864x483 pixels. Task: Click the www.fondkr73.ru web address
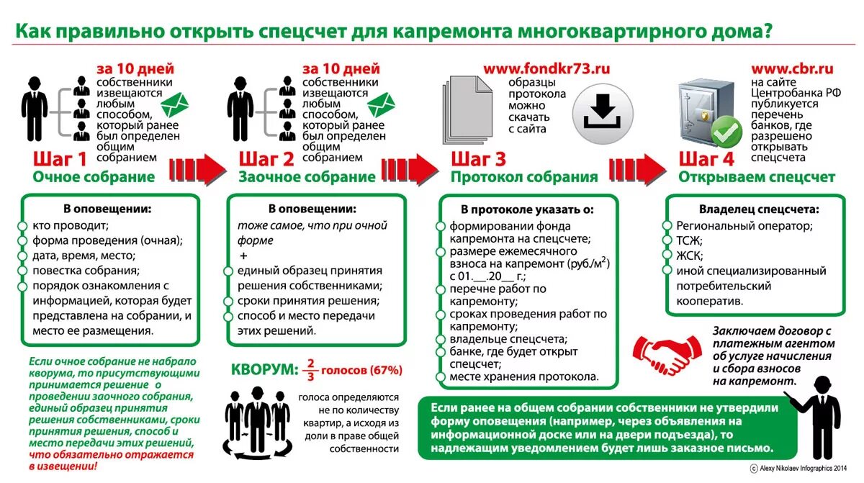click(546, 69)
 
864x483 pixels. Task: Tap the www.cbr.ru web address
click(792, 69)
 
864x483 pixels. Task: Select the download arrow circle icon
click(602, 113)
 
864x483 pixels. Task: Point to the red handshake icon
click(662, 351)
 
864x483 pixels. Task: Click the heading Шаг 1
click(60, 159)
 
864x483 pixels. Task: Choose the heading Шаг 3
click(479, 159)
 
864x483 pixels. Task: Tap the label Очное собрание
click(94, 177)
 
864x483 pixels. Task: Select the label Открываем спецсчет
click(757, 177)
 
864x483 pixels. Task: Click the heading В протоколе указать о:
click(528, 209)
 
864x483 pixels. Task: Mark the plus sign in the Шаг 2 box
click(243, 257)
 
